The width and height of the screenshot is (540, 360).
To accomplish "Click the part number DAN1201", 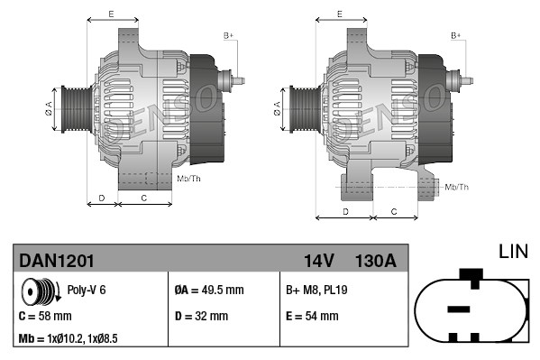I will point(56,261).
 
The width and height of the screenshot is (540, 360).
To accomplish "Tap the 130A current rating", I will point(376,261).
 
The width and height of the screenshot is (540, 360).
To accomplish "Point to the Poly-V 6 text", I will point(87,291).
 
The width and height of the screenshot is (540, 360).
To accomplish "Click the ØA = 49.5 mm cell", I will point(208,291).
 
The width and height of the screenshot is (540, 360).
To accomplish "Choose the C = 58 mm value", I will point(45,317).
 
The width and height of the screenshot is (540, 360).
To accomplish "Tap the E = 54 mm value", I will point(312,317).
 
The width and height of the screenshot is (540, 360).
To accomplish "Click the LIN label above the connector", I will point(513,249).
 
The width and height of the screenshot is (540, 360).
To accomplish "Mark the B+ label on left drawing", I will point(228,34).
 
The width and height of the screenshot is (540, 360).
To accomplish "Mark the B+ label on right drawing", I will point(456,34).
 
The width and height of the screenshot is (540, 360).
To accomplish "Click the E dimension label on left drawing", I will point(111,14).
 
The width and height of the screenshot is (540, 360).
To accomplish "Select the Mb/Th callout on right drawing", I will point(456,187).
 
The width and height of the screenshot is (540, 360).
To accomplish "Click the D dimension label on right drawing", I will point(346,211).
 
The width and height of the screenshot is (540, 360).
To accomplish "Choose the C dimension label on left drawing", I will point(144,197).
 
